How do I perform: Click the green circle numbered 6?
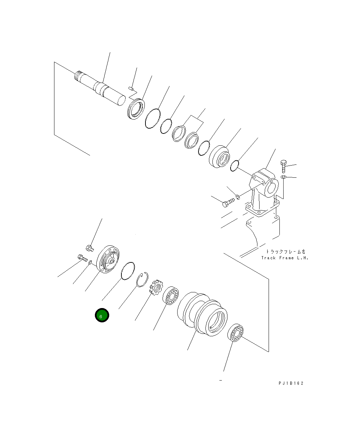(x=102, y=315)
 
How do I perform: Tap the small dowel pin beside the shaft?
(x=132, y=89)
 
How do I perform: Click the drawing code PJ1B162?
(x=291, y=383)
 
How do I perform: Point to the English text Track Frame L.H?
(x=285, y=258)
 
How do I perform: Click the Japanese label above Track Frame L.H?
(x=285, y=251)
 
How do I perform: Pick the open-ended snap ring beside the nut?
(x=142, y=279)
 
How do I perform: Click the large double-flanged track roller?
(x=202, y=314)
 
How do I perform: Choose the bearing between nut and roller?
(x=171, y=295)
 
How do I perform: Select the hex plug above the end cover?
(x=89, y=248)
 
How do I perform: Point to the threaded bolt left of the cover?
(x=82, y=258)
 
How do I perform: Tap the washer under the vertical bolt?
(x=283, y=178)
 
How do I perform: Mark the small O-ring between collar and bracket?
(x=235, y=166)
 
